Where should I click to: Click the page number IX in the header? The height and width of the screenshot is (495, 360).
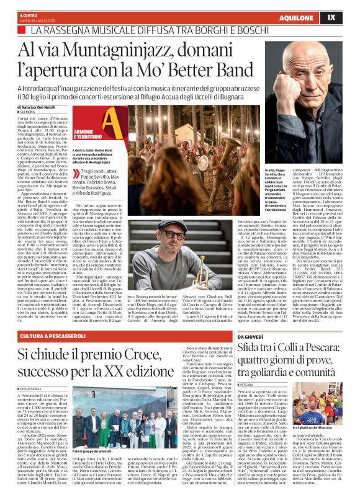click(348, 17)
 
